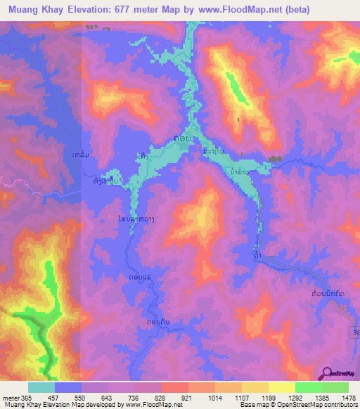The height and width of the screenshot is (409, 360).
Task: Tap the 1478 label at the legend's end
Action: (x=342, y=397)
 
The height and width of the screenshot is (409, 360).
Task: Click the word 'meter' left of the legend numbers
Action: (x=10, y=397)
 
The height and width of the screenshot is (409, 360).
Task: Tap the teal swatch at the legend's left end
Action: (x=41, y=387)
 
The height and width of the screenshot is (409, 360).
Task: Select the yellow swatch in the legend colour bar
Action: (x=281, y=387)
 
